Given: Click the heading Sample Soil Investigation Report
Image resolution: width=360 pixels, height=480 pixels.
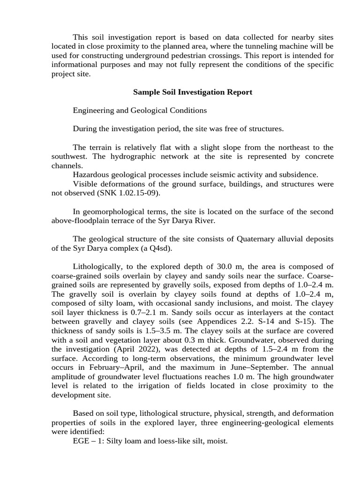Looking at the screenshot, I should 193,92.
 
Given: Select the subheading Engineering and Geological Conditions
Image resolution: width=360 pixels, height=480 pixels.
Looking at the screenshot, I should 140,111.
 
